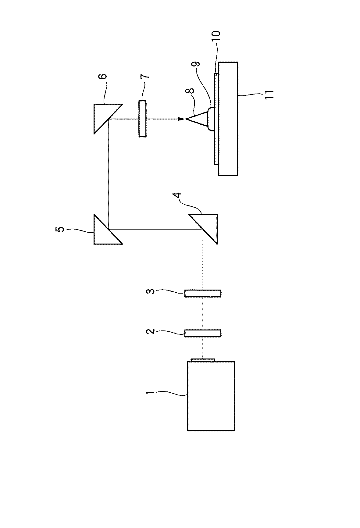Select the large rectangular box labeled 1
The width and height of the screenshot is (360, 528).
(211, 396)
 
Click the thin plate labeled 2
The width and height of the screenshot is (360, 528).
(203, 333)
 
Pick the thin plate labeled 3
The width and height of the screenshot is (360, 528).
(203, 293)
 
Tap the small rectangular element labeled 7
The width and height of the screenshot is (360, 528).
(142, 119)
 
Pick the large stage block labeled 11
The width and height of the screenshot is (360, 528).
(228, 119)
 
